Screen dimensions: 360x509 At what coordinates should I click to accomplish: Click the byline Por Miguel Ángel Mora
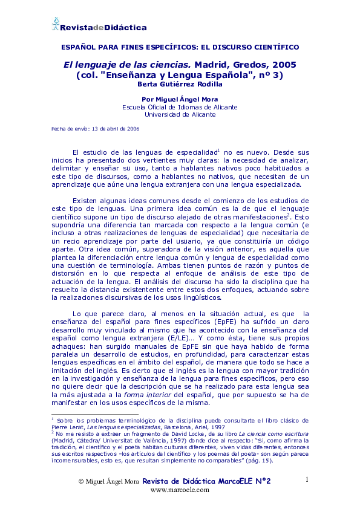[180, 99]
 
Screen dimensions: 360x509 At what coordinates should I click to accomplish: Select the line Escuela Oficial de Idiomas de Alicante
[180, 107]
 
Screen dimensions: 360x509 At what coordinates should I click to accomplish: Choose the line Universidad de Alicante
[180, 114]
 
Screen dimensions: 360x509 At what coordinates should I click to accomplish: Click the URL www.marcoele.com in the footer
[180, 490]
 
